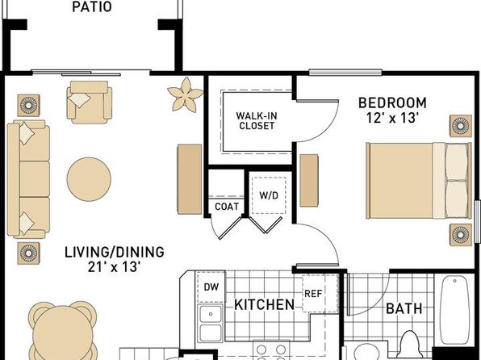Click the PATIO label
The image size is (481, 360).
tap(92, 6)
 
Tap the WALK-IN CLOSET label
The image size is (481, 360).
tap(257, 121)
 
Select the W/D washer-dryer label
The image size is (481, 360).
tap(269, 195)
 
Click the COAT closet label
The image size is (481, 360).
tap(227, 207)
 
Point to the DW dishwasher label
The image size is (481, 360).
tap(211, 287)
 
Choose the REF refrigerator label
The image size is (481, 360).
tap(313, 294)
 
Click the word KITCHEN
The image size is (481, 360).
tap(264, 305)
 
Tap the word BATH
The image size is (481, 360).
tap(404, 308)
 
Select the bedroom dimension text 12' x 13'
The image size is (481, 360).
tap(393, 118)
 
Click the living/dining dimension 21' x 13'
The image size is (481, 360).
tap(115, 266)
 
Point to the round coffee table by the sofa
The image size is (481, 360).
tap(89, 179)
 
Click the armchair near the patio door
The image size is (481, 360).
tap(90, 103)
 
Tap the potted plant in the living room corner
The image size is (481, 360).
tap(185, 94)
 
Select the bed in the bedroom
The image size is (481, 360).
tap(419, 181)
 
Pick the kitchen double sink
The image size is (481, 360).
tap(211, 324)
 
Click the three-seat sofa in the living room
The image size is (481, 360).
tap(28, 179)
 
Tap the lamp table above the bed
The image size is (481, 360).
tap(461, 126)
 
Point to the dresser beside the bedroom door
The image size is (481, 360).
tap(309, 180)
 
